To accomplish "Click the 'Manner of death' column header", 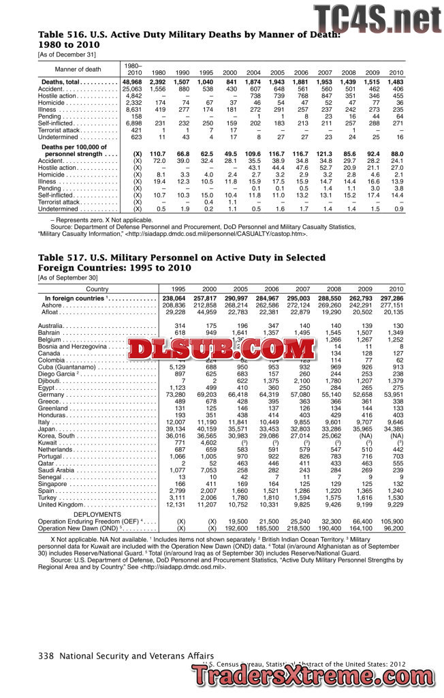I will (x=78, y=69).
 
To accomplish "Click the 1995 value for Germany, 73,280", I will (x=176, y=395).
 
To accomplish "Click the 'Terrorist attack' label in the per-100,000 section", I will (x=60, y=202).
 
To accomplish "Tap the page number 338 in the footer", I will (x=46, y=656).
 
